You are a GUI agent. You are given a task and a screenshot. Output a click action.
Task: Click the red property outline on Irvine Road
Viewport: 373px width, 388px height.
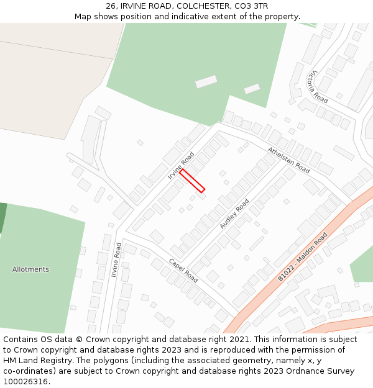192,181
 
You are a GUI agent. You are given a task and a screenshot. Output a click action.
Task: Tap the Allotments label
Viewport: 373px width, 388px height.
30,269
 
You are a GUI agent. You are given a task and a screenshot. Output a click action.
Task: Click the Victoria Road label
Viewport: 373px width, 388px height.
317,87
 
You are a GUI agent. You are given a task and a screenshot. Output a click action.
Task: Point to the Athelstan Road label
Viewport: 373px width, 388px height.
288,160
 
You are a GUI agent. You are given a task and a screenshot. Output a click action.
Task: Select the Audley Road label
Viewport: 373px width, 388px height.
234,214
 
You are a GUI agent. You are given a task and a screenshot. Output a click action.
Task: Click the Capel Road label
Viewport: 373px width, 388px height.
183,270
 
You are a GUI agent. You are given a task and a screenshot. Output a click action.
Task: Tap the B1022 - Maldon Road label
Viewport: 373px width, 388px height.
303,256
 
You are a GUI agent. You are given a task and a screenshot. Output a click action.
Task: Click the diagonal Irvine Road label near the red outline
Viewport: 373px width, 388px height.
181,166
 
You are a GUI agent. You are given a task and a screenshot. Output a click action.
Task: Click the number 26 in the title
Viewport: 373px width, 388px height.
111,6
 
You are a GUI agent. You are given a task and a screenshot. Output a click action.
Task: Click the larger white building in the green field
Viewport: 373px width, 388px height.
206,81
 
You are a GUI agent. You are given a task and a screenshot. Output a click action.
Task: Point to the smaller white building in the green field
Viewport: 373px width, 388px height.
252,89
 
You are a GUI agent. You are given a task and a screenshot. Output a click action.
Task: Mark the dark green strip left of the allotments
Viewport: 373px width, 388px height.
2,217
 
